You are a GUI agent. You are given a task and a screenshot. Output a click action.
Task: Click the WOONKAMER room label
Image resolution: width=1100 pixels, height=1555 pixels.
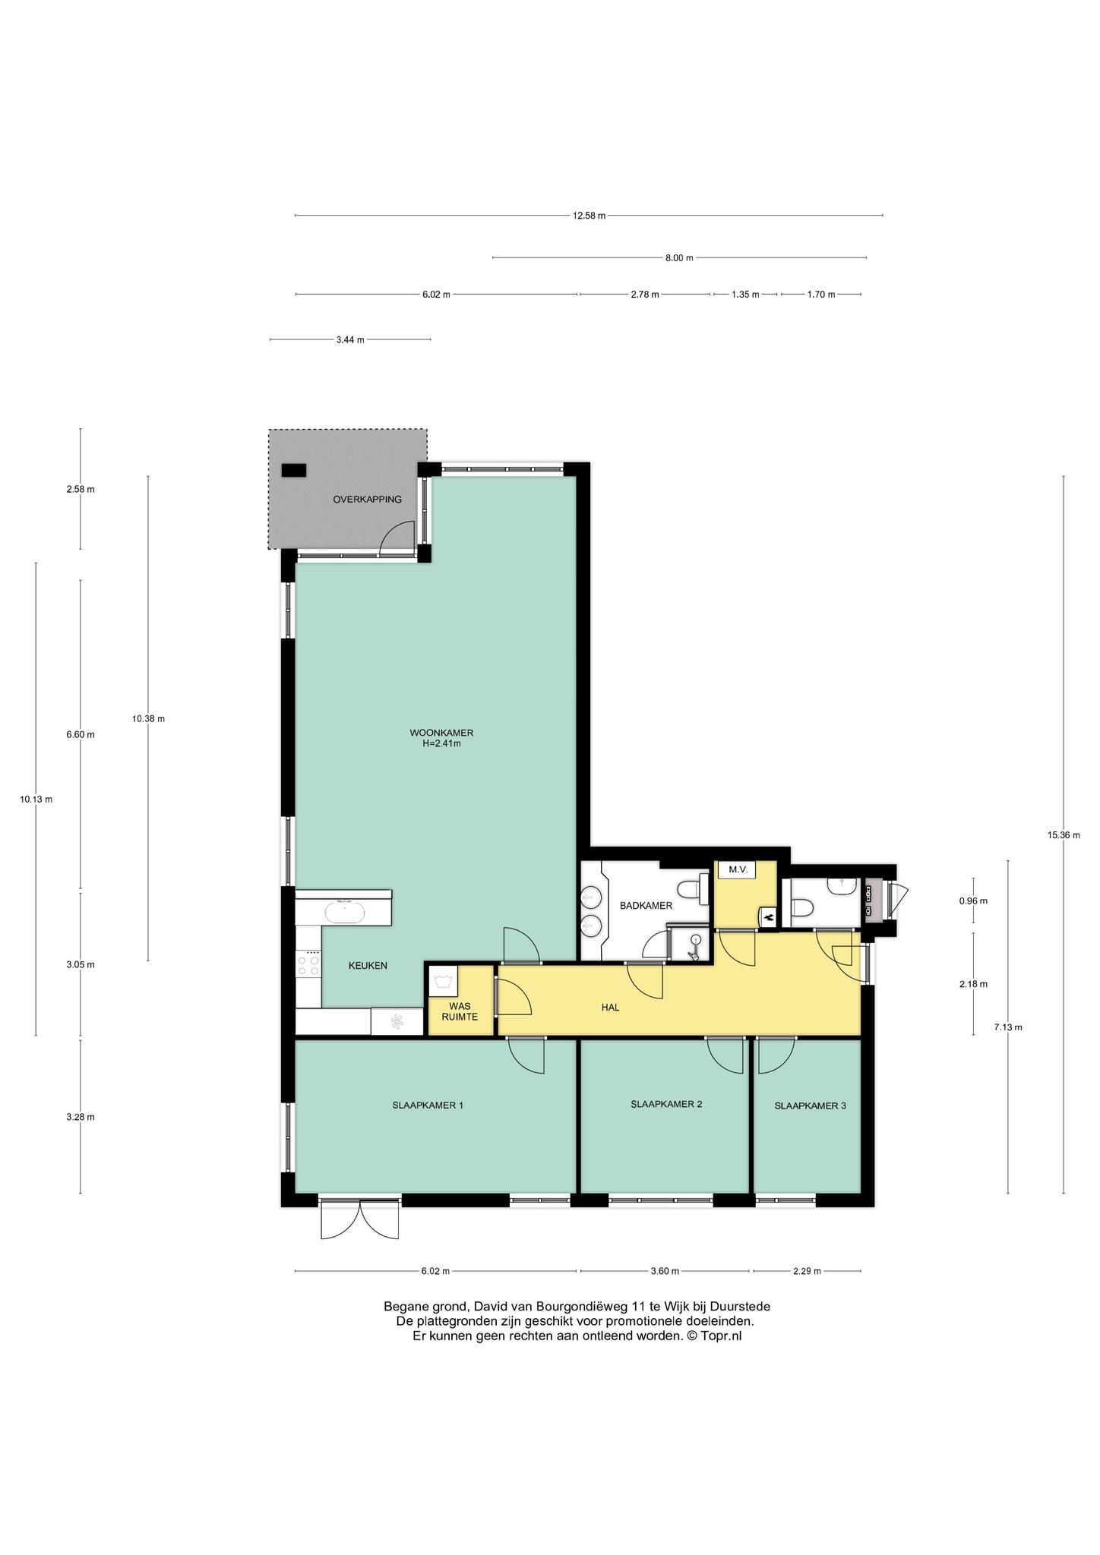[x=441, y=733]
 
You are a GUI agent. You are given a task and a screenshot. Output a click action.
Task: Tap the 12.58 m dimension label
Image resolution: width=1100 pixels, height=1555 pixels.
[x=589, y=216]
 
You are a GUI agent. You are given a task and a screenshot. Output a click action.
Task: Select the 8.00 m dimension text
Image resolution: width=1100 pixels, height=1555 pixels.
[x=679, y=258]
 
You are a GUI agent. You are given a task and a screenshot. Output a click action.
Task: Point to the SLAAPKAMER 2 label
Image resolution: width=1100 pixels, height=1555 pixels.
[x=666, y=1104]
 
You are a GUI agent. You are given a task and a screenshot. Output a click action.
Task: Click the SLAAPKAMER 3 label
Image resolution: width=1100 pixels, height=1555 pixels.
[x=810, y=1106]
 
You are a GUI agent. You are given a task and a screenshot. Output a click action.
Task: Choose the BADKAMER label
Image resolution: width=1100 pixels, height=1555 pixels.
[x=646, y=906]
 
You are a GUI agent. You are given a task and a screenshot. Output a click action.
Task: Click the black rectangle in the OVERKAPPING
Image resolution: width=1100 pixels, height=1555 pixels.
[x=293, y=470]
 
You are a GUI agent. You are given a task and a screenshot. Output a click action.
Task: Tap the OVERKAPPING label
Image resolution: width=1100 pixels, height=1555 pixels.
[x=367, y=500]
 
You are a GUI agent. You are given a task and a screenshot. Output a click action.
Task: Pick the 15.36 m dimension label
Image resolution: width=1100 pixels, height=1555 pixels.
[x=1064, y=835]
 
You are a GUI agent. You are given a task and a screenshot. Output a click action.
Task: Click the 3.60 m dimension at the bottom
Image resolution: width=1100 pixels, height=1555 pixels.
[x=664, y=1271]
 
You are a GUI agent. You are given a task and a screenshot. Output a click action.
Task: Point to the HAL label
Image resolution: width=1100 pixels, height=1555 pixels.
[x=610, y=1008]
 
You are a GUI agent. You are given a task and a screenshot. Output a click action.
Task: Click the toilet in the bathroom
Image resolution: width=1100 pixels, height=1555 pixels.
[x=691, y=889]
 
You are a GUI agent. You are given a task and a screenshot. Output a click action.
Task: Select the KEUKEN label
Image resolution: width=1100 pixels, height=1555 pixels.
[x=368, y=966]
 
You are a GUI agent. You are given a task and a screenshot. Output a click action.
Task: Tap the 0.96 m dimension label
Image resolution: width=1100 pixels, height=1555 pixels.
[x=973, y=901]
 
